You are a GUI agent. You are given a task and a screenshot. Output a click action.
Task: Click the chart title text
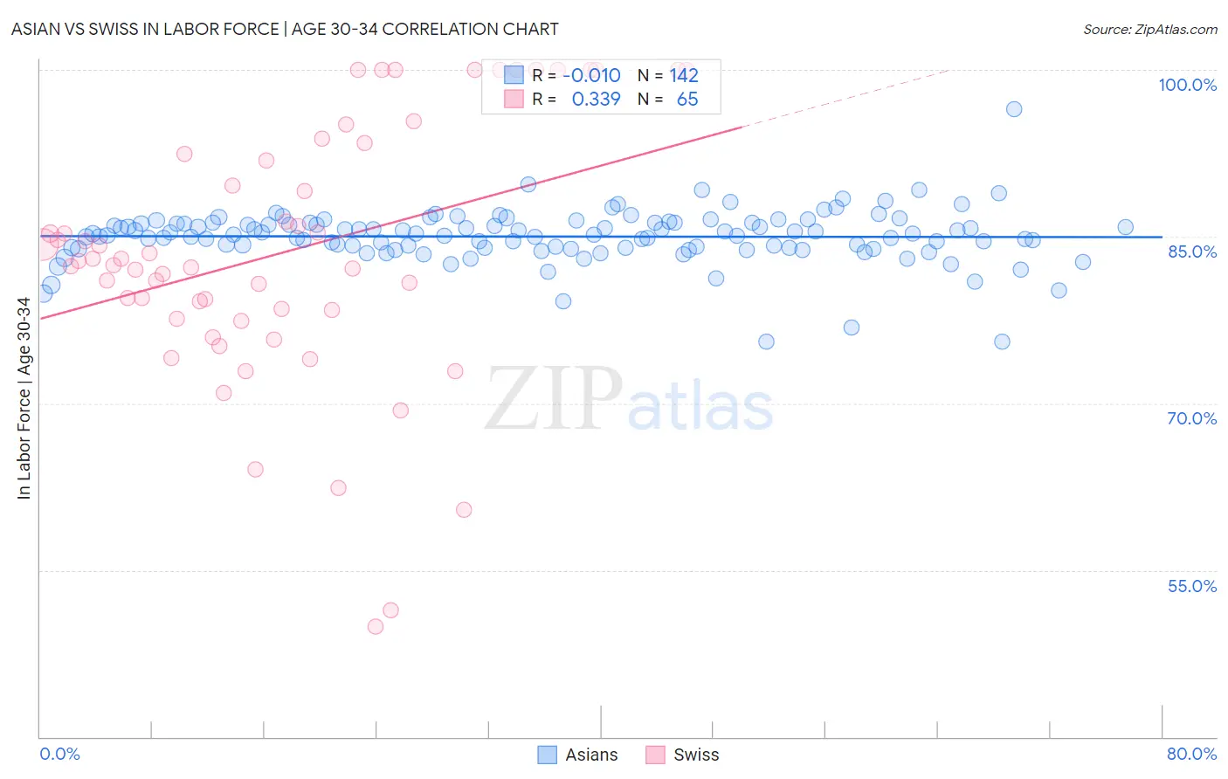[x=285, y=29]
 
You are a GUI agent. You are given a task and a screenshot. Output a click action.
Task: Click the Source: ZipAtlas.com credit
[x=1149, y=29]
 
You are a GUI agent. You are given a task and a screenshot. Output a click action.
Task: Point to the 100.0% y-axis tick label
[x=1187, y=85]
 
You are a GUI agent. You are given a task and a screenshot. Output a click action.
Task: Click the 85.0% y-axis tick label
[x=1191, y=252]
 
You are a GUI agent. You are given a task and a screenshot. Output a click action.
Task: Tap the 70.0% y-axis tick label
[x=1191, y=418]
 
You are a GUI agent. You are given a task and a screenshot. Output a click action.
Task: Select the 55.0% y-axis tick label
[x=1191, y=586]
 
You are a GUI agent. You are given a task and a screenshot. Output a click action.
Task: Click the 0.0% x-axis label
[x=59, y=754]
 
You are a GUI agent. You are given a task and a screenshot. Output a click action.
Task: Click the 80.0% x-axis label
[x=1191, y=754]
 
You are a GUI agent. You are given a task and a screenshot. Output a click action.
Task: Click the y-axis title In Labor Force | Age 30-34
[x=24, y=398]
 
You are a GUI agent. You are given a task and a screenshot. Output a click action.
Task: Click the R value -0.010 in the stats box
[x=591, y=75]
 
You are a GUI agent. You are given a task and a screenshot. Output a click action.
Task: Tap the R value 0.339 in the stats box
[x=596, y=100]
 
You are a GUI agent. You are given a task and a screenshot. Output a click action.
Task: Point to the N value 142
[x=684, y=75]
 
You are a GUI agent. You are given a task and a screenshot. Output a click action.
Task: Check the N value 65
[x=687, y=100]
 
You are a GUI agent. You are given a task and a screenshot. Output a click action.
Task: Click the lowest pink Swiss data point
[x=376, y=626]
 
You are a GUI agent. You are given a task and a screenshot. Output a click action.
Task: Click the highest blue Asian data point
[x=1014, y=109]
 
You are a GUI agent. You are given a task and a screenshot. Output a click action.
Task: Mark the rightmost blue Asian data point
[x=1125, y=227]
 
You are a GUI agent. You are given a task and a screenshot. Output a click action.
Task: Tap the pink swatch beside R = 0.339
[x=514, y=100]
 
